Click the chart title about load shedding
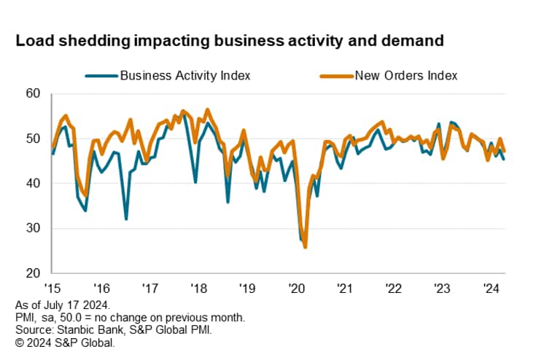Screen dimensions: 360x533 230,41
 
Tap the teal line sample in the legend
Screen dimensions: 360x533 100,74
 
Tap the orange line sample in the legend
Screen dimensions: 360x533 335,74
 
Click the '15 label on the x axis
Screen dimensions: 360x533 52,287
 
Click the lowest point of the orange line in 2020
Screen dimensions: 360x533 305,247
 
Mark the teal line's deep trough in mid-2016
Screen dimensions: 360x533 126,219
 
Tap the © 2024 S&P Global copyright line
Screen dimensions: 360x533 63,340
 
